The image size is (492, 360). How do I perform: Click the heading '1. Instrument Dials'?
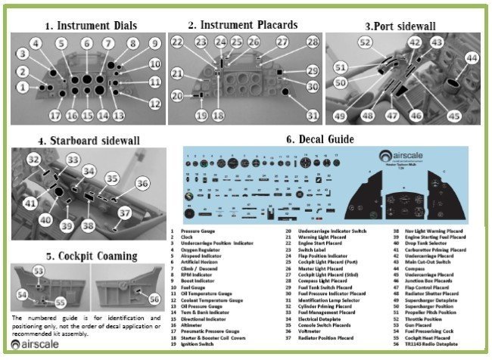[92, 25]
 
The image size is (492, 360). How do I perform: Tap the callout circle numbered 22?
[176, 42]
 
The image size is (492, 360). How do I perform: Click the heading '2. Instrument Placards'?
[243, 25]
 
